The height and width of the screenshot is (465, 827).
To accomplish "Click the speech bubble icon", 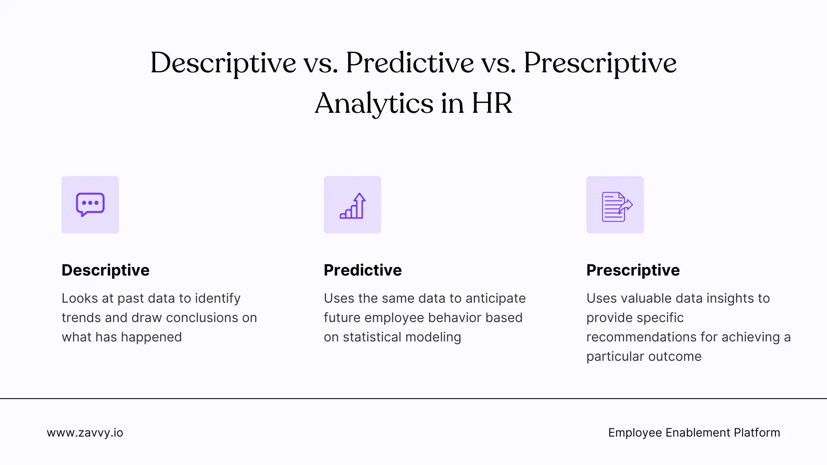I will coord(90,205).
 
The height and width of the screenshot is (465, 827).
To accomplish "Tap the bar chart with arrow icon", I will coord(352,205).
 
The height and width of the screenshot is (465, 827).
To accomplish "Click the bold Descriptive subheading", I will coord(106,270).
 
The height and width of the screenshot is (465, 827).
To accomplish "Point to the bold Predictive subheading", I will coord(363,270).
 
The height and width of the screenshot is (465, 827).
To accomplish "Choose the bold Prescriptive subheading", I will coord(633,270).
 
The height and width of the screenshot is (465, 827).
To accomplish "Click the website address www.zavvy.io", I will coord(85,433).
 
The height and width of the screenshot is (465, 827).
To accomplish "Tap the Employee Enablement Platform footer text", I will coord(694,433).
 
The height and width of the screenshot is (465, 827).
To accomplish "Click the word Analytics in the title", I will coord(374,104).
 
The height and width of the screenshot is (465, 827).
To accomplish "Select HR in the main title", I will coord(491,103).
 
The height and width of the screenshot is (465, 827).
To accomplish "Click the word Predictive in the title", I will coord(410,63).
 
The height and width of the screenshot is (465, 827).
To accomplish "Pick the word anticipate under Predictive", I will coord(495,298).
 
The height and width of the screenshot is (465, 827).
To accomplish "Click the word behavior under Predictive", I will coord(448,318).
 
